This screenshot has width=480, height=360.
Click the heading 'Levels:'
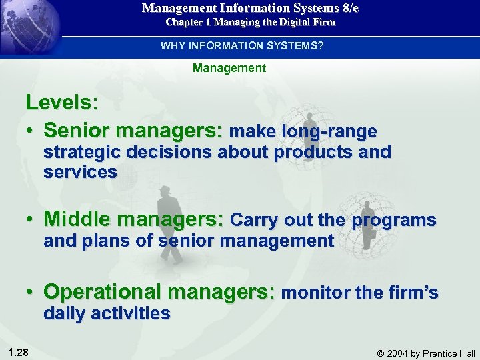click(x=62, y=103)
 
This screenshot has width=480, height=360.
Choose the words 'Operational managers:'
click(x=159, y=291)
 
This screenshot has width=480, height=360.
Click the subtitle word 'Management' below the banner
click(x=229, y=68)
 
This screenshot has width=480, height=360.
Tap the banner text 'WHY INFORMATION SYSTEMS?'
click(x=241, y=46)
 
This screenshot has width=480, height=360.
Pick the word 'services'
click(x=80, y=172)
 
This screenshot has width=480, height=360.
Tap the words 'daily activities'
click(x=107, y=313)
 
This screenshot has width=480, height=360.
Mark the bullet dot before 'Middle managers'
click(x=31, y=220)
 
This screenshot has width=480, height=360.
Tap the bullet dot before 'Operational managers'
click(x=31, y=292)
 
